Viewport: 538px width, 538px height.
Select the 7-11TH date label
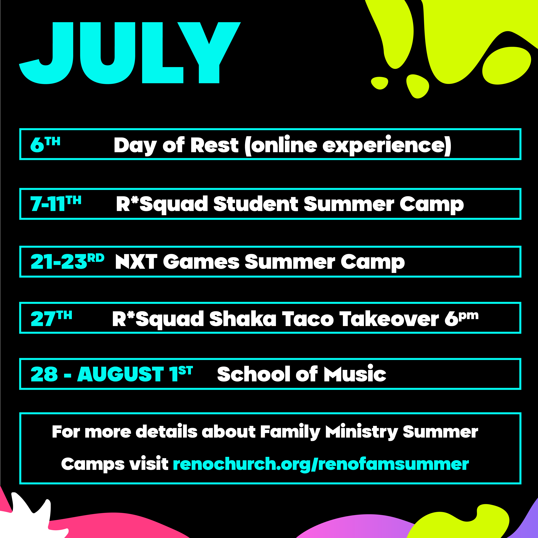56,203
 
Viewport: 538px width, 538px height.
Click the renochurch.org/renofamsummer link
321,464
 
